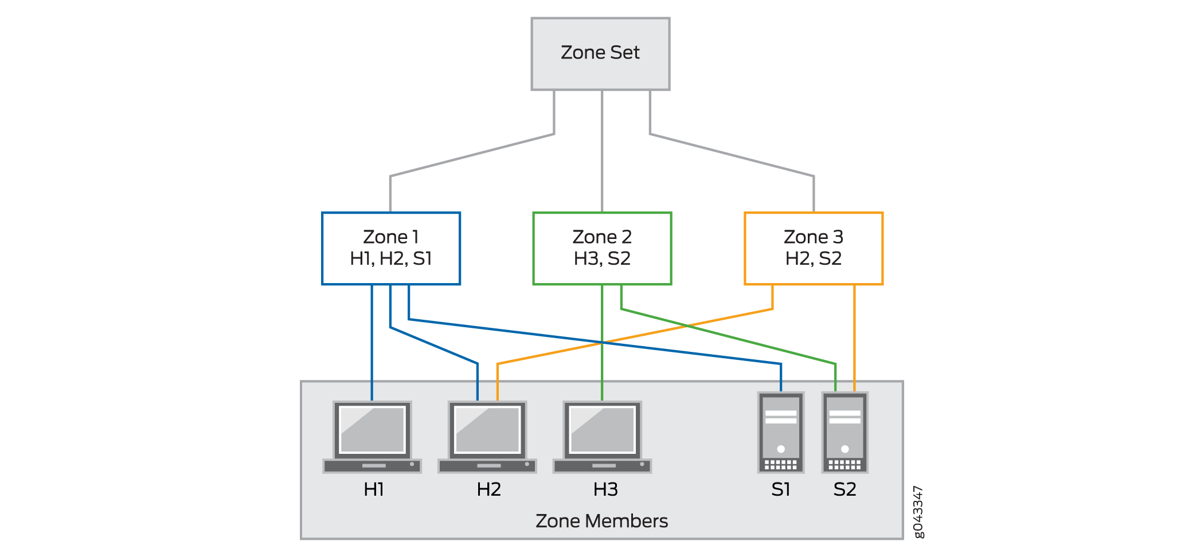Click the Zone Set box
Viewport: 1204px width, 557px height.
pos(600,53)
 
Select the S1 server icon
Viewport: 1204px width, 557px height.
pos(781,433)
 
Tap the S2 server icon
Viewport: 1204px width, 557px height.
pos(845,433)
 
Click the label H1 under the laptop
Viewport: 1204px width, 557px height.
pos(374,489)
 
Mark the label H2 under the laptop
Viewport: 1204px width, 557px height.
pos(489,489)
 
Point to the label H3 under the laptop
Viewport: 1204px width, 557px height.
pos(605,489)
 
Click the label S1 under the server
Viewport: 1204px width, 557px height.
pos(781,489)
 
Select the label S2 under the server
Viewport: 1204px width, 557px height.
pos(845,489)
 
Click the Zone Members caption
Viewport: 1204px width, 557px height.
pos(601,521)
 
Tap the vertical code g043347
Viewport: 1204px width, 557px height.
pos(918,512)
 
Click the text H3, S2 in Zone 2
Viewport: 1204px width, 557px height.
pos(602,259)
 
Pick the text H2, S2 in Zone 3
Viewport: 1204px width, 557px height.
pos(813,259)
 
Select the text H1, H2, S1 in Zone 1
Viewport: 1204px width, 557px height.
pos(391,259)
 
